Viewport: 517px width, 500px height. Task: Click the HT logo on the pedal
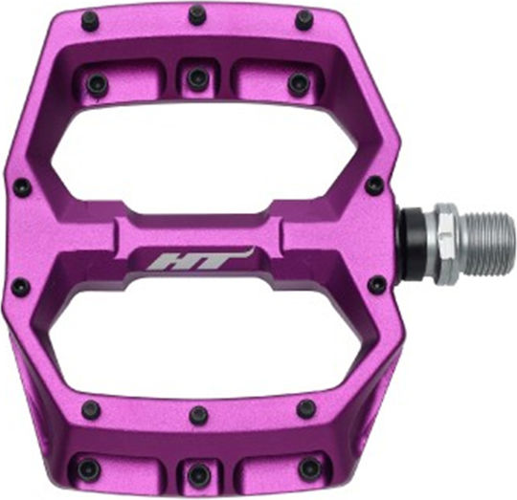[198, 259]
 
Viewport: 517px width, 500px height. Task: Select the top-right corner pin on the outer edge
[305, 20]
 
